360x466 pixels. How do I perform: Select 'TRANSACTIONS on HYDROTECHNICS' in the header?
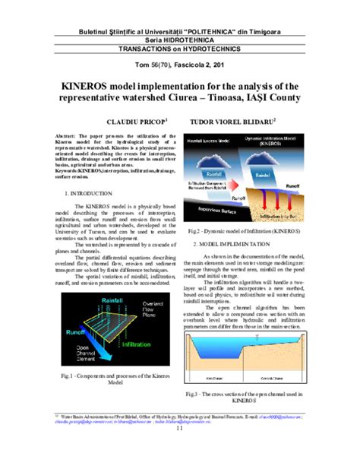(x=180, y=47)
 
